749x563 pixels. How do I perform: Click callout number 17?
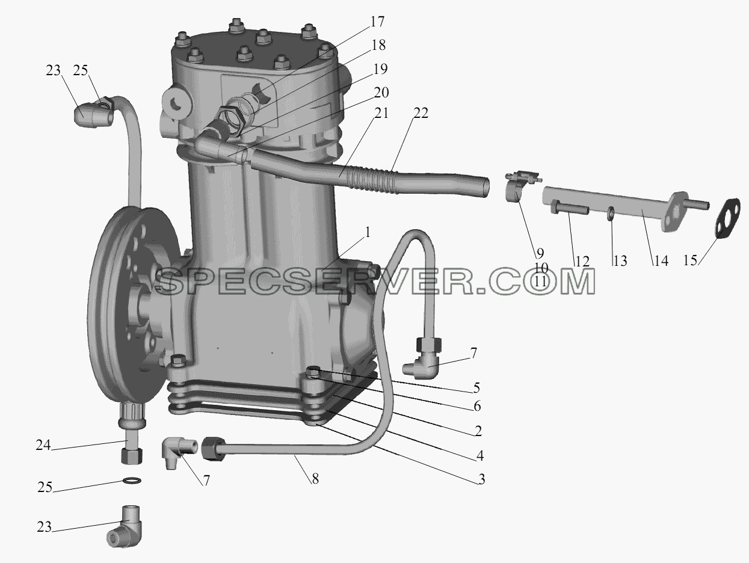coord(377,22)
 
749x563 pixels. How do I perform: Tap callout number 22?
coord(421,113)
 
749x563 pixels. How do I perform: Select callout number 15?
coord(690,260)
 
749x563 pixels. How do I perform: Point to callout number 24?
coord(43,445)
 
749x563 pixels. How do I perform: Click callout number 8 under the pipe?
coord(315,479)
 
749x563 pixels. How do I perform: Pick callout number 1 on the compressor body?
coord(367,233)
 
